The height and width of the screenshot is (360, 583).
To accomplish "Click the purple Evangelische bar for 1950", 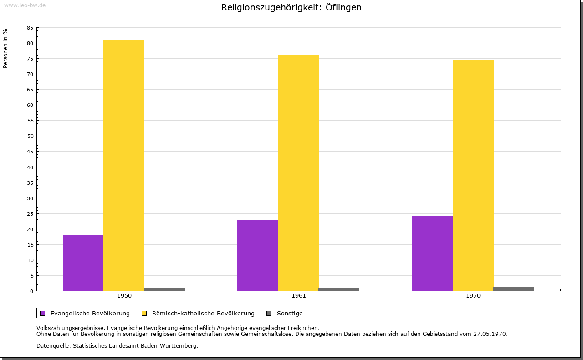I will (x=83, y=263).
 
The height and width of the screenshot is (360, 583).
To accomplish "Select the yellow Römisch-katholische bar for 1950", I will (x=124, y=165).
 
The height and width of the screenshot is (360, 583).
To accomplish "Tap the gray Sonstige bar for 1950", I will (x=164, y=289).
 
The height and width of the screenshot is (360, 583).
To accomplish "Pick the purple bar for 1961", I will (x=257, y=255).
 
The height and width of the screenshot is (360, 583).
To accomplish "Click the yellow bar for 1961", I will (x=298, y=173).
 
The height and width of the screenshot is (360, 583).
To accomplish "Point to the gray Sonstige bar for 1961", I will (x=339, y=289).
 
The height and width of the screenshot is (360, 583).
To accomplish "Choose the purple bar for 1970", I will (x=432, y=253).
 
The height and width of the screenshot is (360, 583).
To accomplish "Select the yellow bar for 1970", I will (x=473, y=175).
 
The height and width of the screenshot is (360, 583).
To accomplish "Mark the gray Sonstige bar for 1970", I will (x=514, y=289).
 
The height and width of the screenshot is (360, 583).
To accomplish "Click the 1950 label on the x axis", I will (x=124, y=296).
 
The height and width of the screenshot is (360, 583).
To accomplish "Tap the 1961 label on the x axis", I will (x=299, y=296).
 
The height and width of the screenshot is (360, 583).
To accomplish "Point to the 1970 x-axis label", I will (x=473, y=296).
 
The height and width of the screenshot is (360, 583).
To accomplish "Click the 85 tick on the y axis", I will (x=30, y=28).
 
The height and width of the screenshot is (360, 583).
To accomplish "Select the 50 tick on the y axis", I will (x=30, y=136).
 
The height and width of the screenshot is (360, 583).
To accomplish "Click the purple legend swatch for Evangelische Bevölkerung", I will (x=43, y=313).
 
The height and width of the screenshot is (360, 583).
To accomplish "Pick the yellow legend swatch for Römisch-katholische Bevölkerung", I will (x=144, y=313).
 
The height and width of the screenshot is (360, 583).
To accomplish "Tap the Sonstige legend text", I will (x=290, y=313).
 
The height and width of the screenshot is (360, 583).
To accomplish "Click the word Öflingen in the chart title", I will (x=343, y=8).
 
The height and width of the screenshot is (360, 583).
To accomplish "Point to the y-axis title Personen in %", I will (x=5, y=48).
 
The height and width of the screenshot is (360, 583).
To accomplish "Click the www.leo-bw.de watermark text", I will (x=25, y=5).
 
